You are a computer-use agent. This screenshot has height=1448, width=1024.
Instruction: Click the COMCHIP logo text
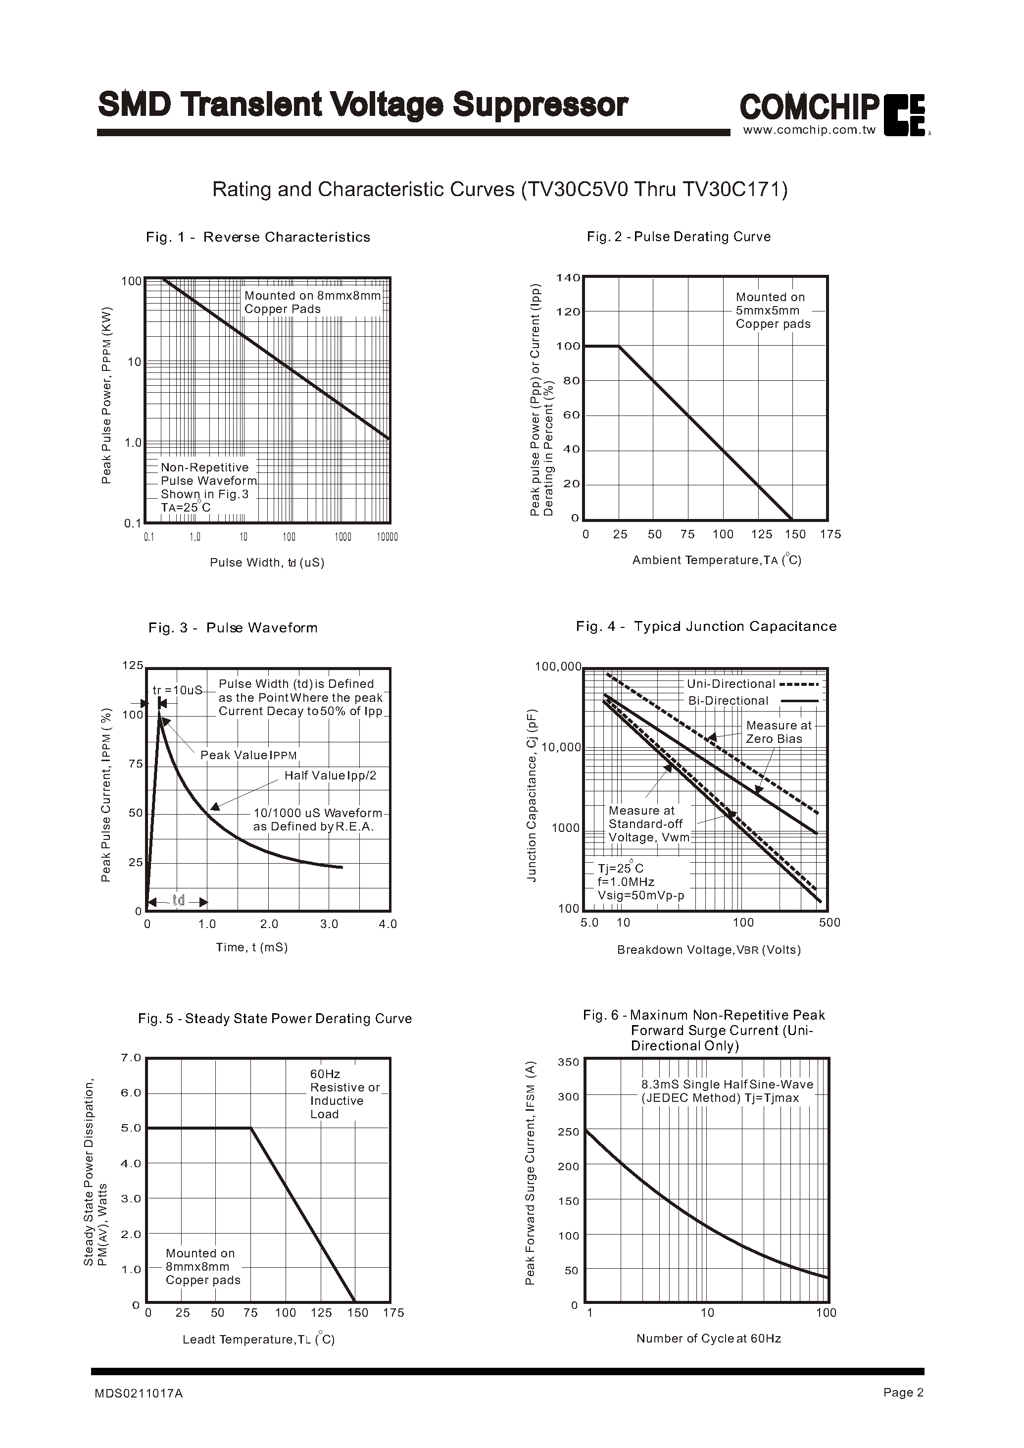coord(809,107)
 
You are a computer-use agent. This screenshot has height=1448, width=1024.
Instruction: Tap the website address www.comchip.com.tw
coord(810,131)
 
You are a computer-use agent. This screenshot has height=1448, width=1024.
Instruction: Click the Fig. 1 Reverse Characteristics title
coord(258,237)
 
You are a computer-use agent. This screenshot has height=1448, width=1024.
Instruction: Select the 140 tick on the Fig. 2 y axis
coord(568,278)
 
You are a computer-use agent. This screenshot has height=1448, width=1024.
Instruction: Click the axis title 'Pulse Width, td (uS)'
coord(267,562)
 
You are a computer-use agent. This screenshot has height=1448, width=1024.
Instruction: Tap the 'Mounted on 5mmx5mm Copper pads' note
coord(773,310)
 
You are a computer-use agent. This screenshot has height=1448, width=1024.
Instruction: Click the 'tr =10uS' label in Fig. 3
coord(177,690)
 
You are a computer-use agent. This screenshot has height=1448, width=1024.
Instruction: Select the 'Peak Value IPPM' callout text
coord(248,755)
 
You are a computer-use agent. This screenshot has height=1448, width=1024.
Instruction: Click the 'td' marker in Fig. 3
coord(179,900)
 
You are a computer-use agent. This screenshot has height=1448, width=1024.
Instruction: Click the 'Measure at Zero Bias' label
coord(779,732)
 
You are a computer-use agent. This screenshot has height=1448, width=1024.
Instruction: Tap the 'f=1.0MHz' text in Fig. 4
coord(626,882)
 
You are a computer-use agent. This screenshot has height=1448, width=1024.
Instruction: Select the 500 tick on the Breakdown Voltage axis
coord(829,923)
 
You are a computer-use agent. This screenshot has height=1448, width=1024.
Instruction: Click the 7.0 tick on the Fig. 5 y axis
coord(131,1057)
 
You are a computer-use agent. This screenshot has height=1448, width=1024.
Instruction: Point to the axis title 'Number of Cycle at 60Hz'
coord(708,1338)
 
